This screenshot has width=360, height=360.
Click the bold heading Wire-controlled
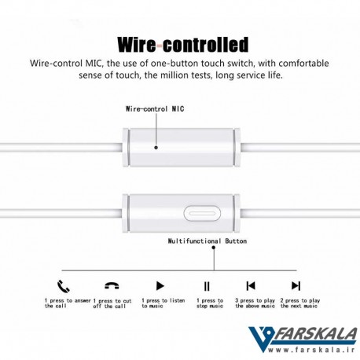[x=183, y=45]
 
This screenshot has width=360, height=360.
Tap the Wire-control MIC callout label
[x=155, y=109]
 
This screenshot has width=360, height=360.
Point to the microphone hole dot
[x=156, y=148]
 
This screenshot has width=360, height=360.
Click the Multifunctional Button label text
[x=208, y=241]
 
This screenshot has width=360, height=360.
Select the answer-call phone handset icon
[x=64, y=286]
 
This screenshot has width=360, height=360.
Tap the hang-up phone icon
[x=112, y=285]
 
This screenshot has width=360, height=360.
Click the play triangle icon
[x=160, y=285]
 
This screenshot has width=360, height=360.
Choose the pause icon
[x=207, y=286]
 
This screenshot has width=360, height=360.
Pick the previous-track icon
[x=251, y=285]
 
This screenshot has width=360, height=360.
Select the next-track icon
[x=296, y=285]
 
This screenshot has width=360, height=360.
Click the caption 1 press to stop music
[x=210, y=303]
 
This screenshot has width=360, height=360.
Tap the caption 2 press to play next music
[x=300, y=303]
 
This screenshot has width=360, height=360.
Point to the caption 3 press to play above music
[x=255, y=303]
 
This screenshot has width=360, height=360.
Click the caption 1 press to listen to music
[x=163, y=303]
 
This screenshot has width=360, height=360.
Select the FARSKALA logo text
[x=315, y=334]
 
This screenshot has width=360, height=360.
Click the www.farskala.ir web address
[x=311, y=350]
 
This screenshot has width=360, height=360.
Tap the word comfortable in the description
[x=303, y=64]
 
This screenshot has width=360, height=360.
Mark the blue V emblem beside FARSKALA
[x=261, y=339]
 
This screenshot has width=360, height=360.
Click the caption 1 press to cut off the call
[x=112, y=303]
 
